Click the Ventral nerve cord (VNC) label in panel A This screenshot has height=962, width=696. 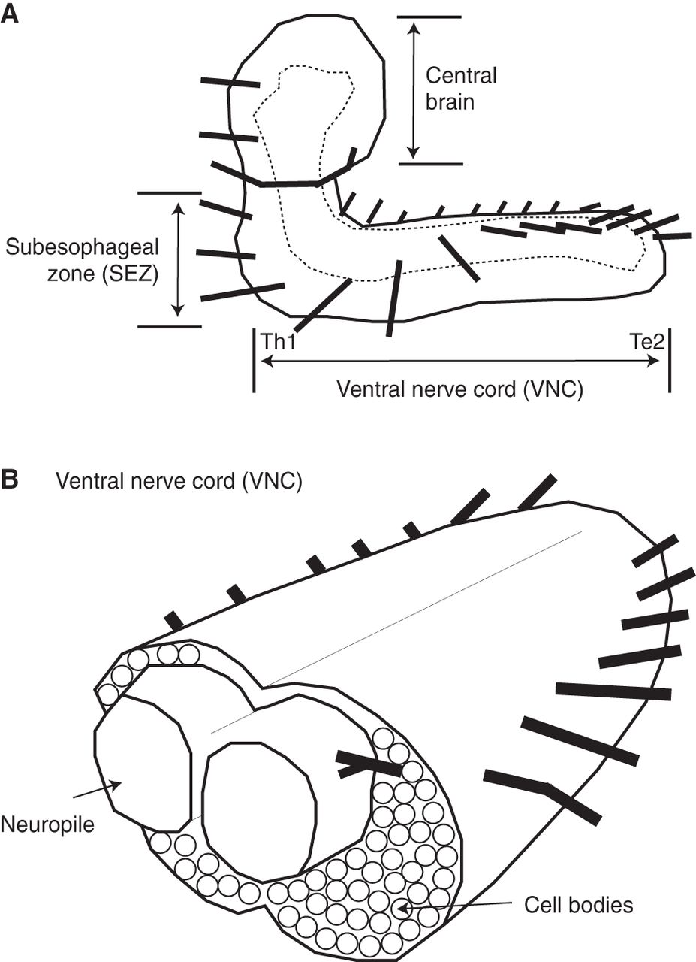pos(459,390)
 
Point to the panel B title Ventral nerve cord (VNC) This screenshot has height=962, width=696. pos(179,481)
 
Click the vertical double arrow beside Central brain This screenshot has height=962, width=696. pos(411,88)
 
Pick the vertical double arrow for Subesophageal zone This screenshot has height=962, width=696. pos(178,259)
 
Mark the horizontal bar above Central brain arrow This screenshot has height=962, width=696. pos(429,15)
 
